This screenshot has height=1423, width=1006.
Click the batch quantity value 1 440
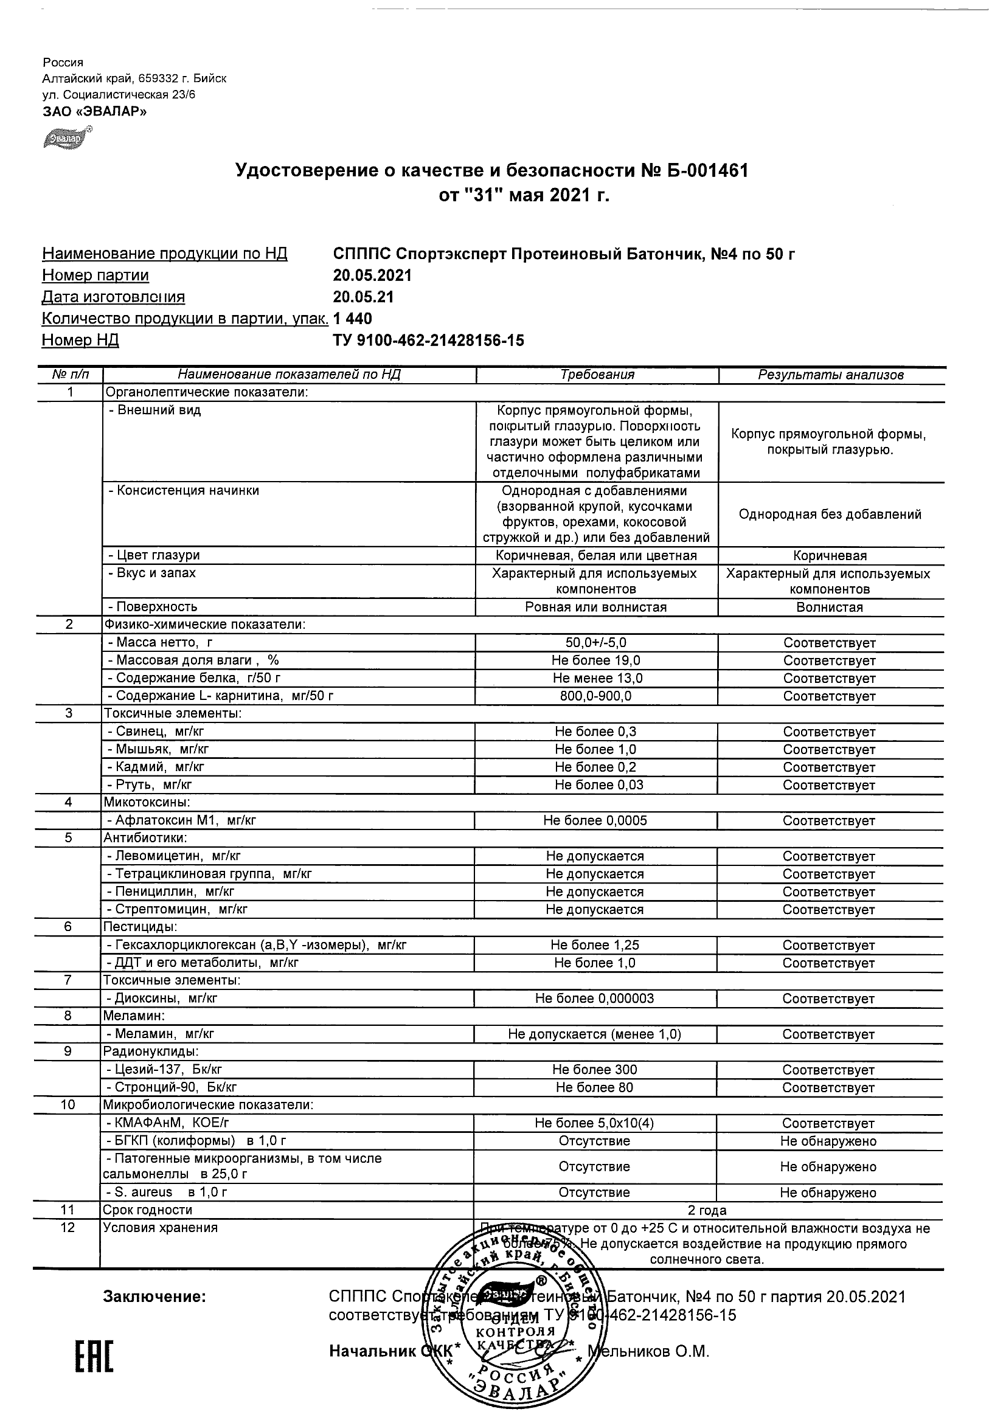click(353, 319)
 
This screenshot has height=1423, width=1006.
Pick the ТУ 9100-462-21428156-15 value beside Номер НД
click(428, 341)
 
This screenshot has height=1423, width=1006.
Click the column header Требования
click(597, 375)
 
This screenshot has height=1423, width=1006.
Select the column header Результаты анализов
click(831, 375)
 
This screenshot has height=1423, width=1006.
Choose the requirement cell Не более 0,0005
click(595, 820)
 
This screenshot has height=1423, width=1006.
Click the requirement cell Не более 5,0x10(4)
click(594, 1123)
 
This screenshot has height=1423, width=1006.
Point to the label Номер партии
click(95, 275)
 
